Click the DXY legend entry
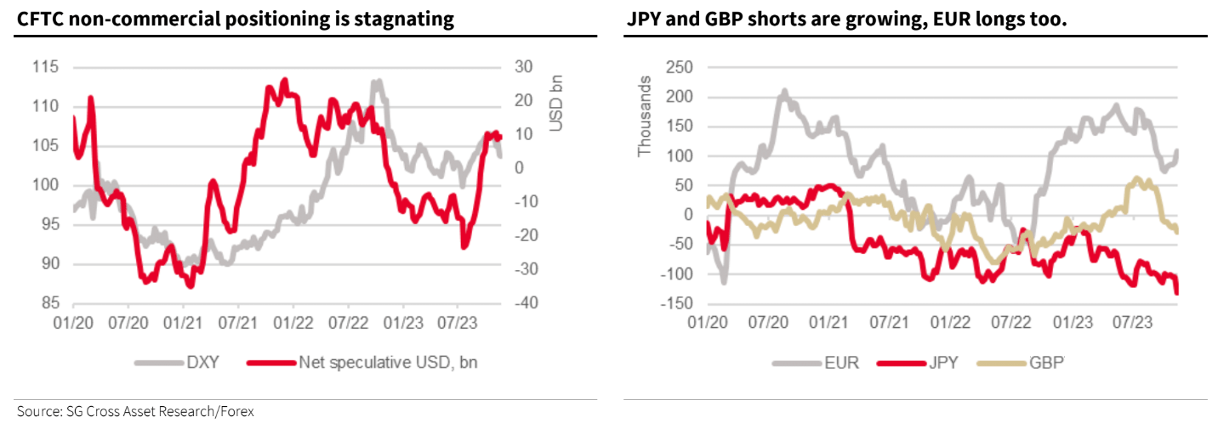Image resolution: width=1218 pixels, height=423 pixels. click(177, 362)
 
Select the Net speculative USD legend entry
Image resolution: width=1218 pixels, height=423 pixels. click(362, 362)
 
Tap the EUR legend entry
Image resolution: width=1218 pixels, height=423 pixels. click(816, 362)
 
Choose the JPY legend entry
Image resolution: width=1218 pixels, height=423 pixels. click(918, 362)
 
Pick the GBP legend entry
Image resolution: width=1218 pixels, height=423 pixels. click(1021, 362)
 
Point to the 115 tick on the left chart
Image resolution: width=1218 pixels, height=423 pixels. click(45, 67)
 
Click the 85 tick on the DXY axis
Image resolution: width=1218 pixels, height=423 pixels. click(50, 302)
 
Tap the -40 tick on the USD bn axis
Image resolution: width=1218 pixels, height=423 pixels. click(526, 302)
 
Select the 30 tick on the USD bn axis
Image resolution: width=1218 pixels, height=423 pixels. click(524, 67)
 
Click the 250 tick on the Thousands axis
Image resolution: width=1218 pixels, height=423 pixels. click(680, 67)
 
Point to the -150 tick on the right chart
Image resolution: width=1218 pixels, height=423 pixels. click(676, 303)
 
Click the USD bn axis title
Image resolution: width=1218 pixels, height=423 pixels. click(555, 103)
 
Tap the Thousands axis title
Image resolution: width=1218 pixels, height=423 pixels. click(645, 116)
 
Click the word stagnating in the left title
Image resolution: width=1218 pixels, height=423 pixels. click(404, 20)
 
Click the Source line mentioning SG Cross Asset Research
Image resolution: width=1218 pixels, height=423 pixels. click(135, 411)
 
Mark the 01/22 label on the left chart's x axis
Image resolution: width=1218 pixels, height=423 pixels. click(293, 323)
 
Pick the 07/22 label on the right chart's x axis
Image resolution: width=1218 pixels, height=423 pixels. click(1010, 323)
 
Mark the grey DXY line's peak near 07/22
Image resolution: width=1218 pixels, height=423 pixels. click(376, 82)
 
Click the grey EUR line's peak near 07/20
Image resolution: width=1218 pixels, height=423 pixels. click(784, 91)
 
